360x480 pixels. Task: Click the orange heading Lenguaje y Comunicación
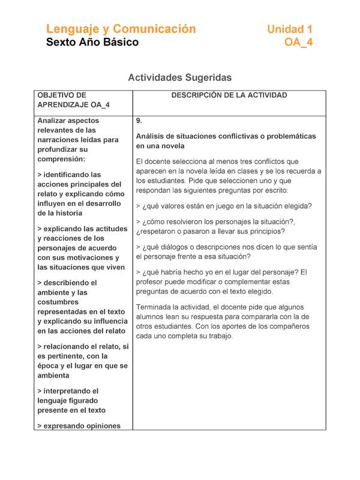121,29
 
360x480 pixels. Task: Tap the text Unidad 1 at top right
290,29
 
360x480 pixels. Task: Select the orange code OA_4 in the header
298,42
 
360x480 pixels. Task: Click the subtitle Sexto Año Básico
92,42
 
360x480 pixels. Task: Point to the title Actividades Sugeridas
179,77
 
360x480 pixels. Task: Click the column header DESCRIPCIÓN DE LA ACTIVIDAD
229,95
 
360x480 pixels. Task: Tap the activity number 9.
139,121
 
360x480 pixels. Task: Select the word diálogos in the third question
178,247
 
